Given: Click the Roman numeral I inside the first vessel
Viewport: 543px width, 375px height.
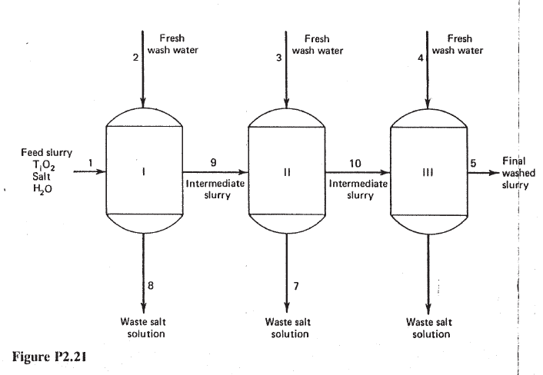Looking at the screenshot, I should [x=143, y=173].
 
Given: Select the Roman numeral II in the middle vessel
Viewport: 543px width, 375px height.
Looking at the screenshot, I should [x=286, y=173].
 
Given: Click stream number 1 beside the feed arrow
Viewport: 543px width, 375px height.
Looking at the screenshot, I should [x=91, y=162].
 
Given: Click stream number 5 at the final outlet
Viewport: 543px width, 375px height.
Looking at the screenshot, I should [x=474, y=162].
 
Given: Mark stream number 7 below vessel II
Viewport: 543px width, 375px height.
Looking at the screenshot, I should [x=295, y=287].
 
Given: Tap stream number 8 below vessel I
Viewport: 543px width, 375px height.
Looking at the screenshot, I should [x=152, y=287].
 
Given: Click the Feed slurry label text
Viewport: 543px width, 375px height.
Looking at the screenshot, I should [x=46, y=153].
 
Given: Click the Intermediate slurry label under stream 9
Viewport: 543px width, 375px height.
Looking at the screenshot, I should [x=216, y=189].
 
